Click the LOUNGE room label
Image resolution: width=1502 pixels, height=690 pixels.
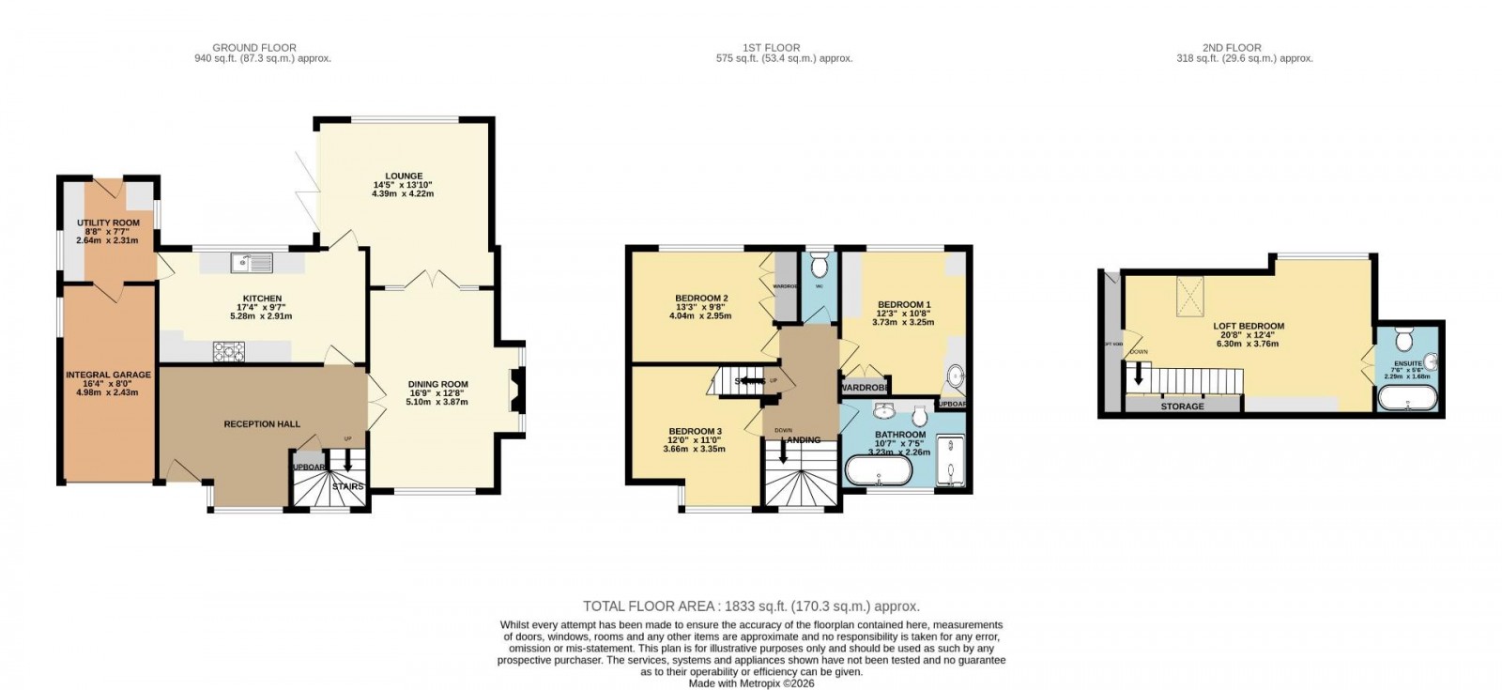403,176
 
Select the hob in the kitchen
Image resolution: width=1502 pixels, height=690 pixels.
228,351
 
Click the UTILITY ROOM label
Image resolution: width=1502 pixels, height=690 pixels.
108,223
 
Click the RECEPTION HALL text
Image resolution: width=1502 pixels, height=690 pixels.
262,424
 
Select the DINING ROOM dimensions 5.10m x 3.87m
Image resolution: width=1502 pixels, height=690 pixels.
437,402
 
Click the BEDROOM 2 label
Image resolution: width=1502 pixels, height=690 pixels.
701,299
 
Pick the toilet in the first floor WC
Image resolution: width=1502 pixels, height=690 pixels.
819,261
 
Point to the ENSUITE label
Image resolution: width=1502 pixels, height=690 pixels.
1408,362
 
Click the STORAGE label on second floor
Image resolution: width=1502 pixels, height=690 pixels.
1182,406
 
